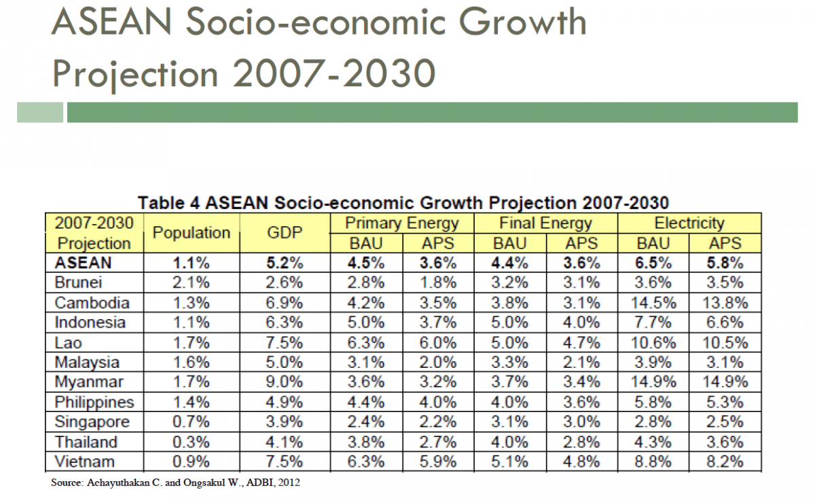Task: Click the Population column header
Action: coord(192,233)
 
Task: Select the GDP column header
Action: coord(285,233)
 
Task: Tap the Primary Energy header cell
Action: coord(402,223)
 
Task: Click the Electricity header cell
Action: coord(689,223)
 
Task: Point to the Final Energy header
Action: coord(545,223)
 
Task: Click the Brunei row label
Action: coord(79,282)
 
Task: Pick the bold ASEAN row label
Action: coord(83,262)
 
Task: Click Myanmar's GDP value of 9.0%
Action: coord(285,382)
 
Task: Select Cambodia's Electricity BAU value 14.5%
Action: coord(653,302)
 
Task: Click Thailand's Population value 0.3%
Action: coord(192,442)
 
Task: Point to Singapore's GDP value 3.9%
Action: coord(285,422)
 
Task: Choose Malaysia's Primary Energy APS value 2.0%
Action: coord(438,362)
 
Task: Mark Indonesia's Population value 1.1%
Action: coord(192,322)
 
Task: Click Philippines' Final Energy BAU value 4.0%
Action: coord(509,402)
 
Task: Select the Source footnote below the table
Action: coord(175,483)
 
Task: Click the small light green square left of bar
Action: coord(40,112)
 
